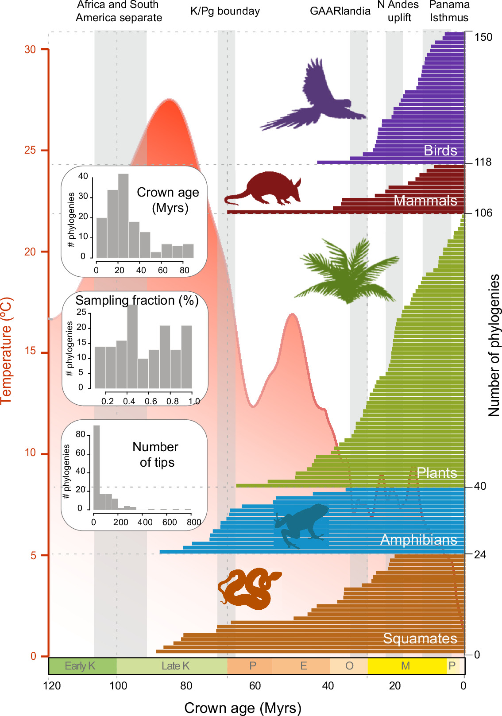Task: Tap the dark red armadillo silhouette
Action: (266, 188)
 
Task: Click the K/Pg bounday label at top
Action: (225, 11)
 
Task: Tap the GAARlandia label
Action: (340, 11)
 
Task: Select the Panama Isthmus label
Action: (449, 11)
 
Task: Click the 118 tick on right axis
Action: (483, 162)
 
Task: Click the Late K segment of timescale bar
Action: (175, 666)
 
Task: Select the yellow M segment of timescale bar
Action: (405, 666)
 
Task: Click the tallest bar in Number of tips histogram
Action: (97, 467)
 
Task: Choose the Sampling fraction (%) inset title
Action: (137, 300)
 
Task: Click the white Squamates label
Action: (420, 639)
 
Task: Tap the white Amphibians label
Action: (418, 540)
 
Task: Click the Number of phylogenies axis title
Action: (494, 345)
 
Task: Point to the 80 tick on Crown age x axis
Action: (186, 686)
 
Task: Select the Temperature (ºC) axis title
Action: (7, 350)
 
